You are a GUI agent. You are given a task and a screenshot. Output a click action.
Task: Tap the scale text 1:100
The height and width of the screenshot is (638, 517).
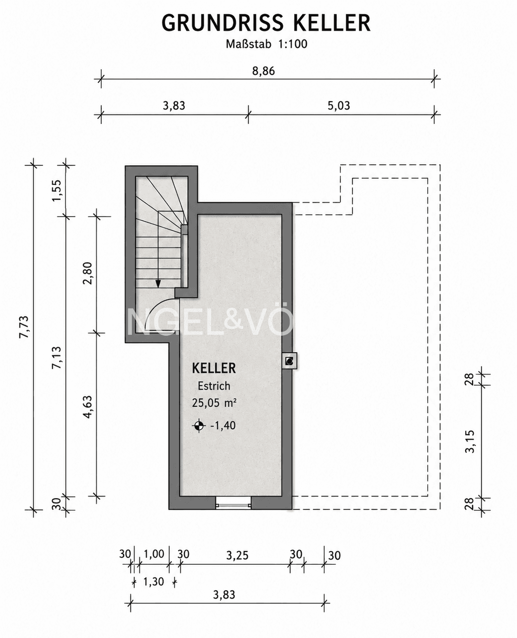click(x=293, y=44)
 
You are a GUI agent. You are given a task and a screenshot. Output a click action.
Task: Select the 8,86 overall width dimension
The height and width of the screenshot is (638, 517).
click(x=263, y=71)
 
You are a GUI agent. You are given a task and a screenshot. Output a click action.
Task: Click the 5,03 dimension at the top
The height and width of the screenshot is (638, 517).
click(x=338, y=106)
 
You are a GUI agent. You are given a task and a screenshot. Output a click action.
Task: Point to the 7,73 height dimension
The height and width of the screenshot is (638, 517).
click(x=24, y=327)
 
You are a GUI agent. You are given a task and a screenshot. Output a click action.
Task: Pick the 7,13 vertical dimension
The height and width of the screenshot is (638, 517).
click(x=56, y=357)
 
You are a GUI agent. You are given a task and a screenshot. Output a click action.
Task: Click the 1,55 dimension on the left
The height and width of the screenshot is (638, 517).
click(x=56, y=191)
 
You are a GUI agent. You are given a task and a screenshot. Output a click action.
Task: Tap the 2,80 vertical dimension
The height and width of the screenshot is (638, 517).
click(x=88, y=273)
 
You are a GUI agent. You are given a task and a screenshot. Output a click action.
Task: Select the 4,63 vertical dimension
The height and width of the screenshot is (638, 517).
click(x=88, y=407)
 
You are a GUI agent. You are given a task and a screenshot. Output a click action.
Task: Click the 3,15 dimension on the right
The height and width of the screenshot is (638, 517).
click(x=470, y=442)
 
